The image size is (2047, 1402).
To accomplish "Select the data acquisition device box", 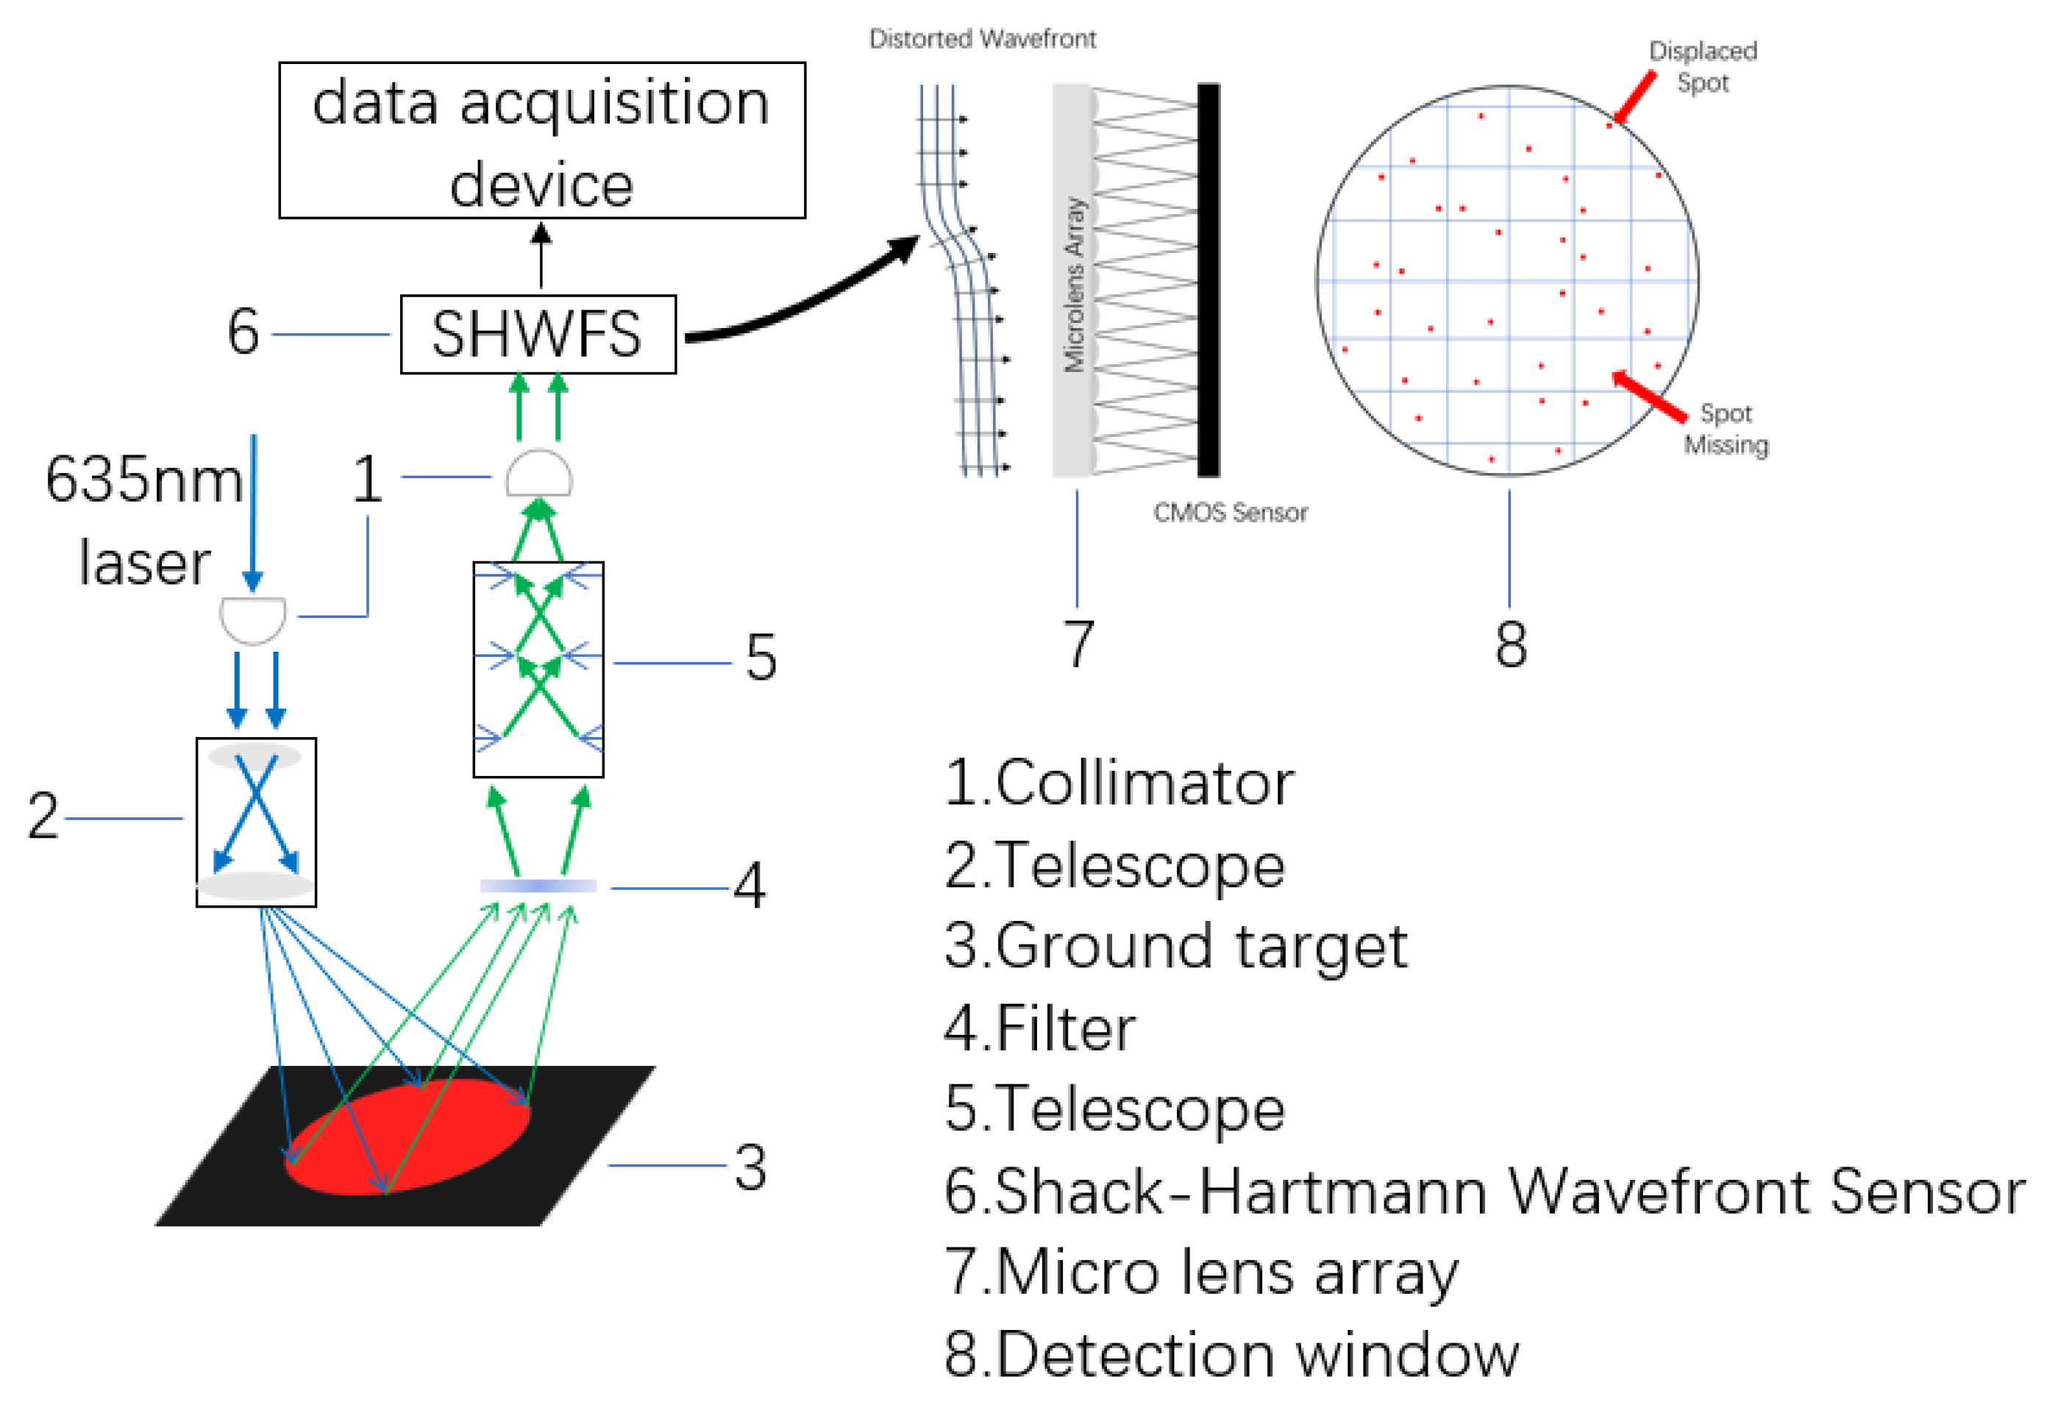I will click(x=541, y=141).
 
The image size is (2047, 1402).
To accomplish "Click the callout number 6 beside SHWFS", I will click(x=243, y=333).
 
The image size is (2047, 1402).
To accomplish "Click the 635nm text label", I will click(x=143, y=481).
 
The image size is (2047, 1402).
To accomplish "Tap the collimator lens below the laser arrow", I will click(x=253, y=619).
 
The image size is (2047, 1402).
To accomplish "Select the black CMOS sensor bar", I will click(x=1208, y=280).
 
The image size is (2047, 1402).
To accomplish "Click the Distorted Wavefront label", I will click(x=982, y=39).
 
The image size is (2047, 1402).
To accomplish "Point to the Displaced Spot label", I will click(x=1703, y=67).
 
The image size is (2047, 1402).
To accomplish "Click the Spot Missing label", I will click(x=1726, y=429).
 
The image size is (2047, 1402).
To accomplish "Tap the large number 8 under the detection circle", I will click(x=1511, y=644).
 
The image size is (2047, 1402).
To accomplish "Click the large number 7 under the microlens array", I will click(x=1078, y=644).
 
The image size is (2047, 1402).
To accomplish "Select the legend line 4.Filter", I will click(x=1039, y=1028).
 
